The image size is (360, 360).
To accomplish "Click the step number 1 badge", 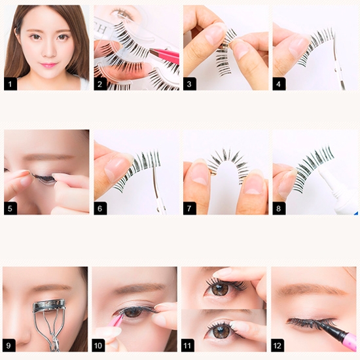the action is pyautogui.click(x=10, y=84).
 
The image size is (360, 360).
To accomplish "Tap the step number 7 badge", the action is pyautogui.click(x=189, y=208).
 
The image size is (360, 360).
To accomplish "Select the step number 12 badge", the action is pyautogui.click(x=278, y=346).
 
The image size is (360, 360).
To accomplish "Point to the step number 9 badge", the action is pyautogui.click(x=9, y=346).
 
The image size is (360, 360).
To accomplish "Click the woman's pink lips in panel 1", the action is pyautogui.click(x=48, y=65).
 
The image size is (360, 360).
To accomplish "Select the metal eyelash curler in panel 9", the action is pyautogui.click(x=49, y=321).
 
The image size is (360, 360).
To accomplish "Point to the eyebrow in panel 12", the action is pyautogui.click(x=310, y=291).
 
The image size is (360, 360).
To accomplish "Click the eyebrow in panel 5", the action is pyautogui.click(x=49, y=157).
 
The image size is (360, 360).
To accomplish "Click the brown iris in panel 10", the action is pyautogui.click(x=132, y=312).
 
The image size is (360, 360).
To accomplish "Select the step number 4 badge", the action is pyautogui.click(x=279, y=84).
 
